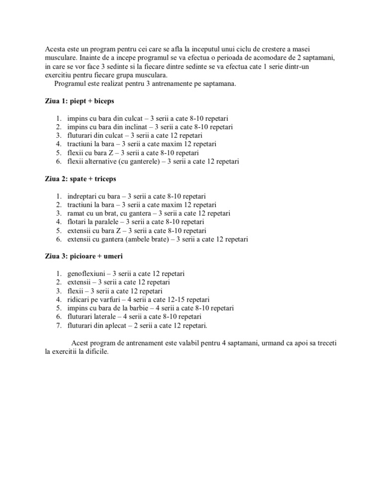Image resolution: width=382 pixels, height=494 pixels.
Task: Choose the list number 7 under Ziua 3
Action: [58, 326]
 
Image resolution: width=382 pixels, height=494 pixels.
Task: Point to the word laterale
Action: [108, 317]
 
